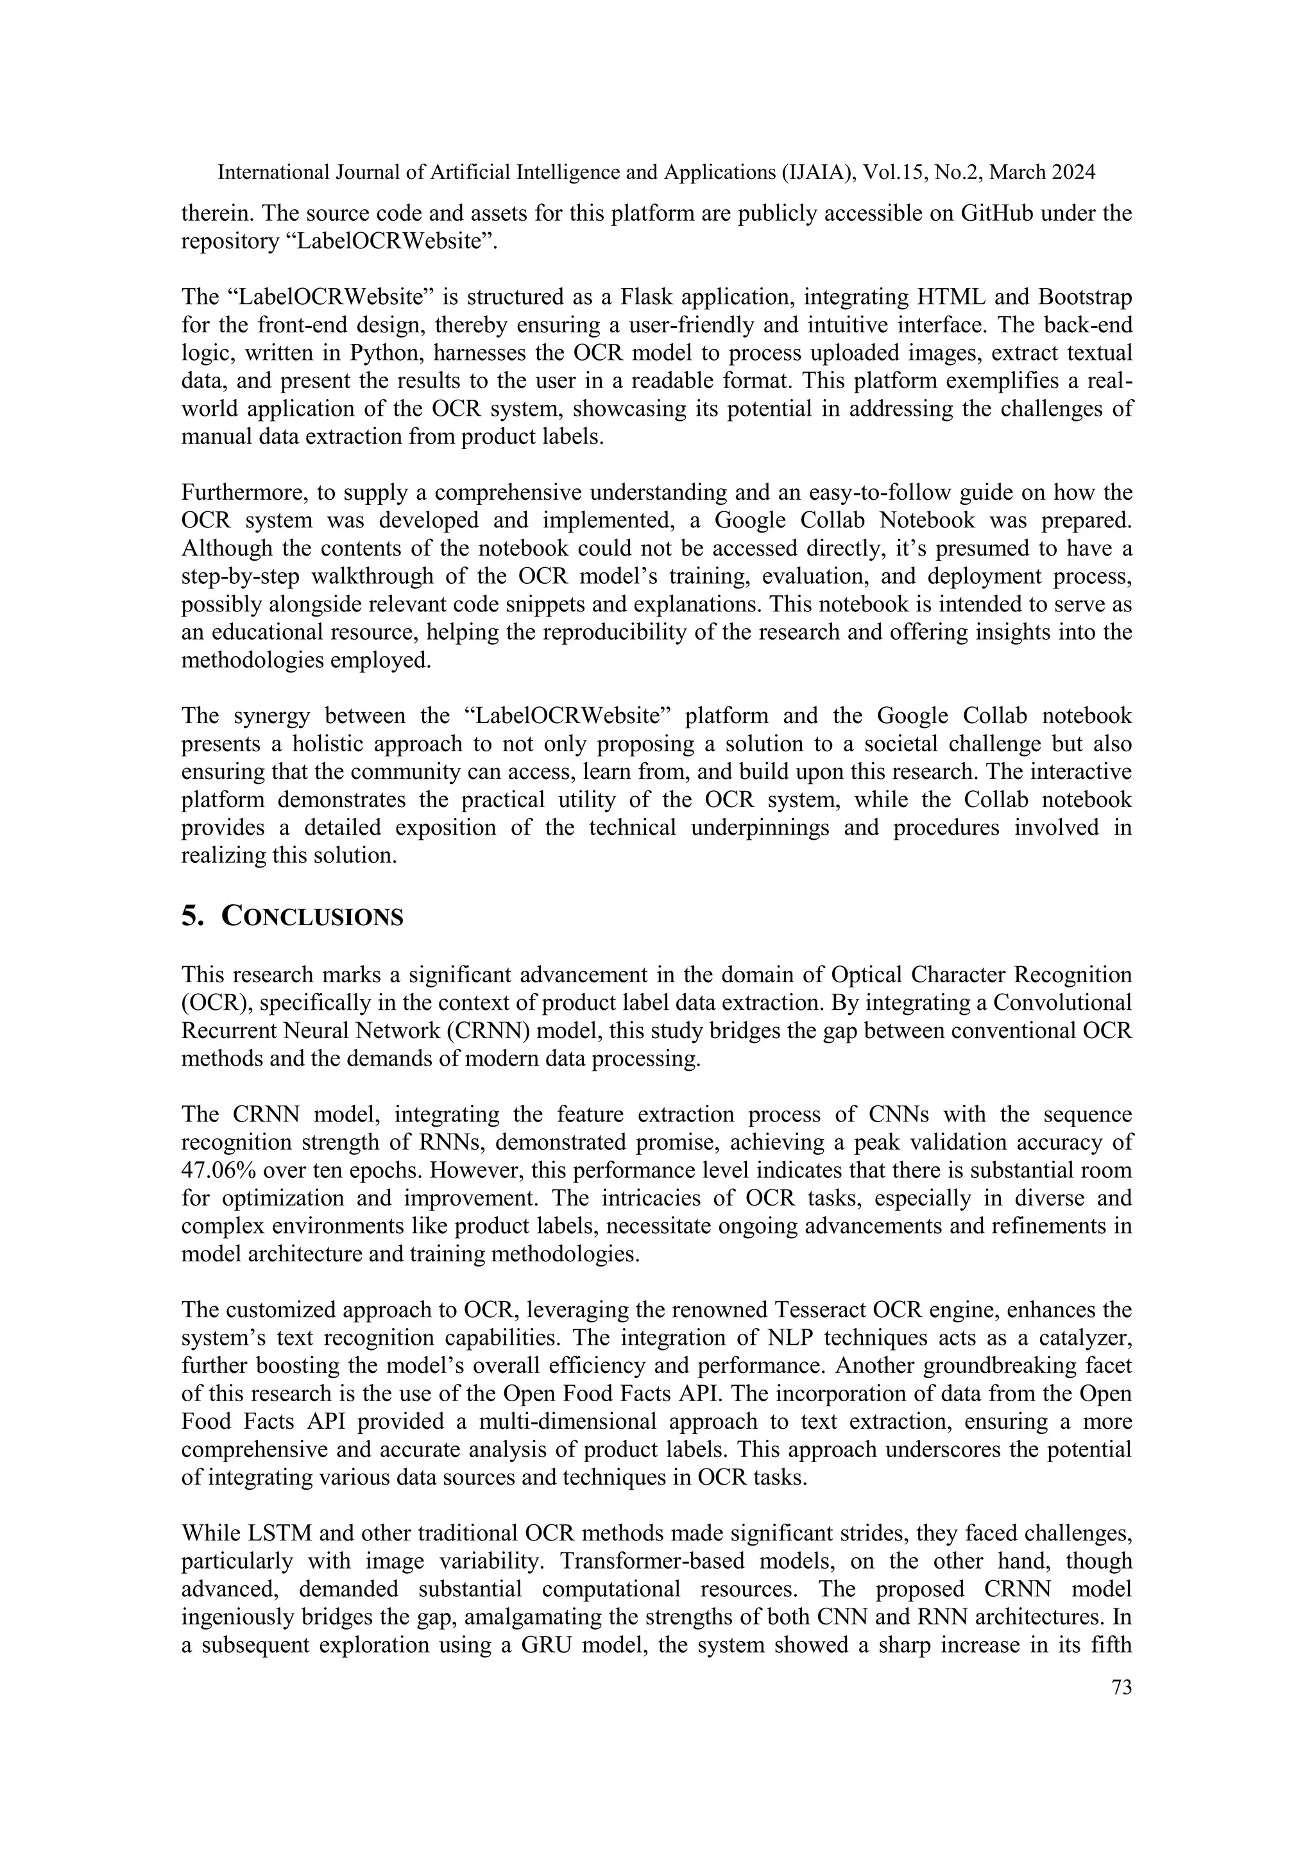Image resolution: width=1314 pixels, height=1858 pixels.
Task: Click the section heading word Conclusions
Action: click(x=312, y=917)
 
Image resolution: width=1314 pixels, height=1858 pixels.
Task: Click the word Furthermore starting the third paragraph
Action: click(x=248, y=492)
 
